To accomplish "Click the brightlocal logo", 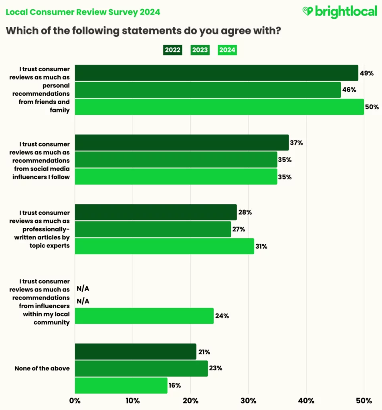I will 340,12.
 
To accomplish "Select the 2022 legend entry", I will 173,50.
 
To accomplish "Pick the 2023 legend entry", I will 200,50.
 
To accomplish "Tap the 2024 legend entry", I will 227,50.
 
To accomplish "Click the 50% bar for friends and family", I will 219,107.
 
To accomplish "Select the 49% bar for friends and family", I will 216,73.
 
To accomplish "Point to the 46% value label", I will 349,90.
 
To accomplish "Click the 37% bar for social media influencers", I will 182,143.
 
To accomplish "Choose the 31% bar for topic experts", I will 164,246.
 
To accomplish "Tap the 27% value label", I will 239,229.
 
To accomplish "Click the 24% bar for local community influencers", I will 144,316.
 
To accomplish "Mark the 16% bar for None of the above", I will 121,385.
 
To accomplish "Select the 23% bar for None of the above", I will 141,368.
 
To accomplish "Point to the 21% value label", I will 204,352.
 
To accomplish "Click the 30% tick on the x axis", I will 248,400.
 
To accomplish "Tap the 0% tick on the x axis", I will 75,400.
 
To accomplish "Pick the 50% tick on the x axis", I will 364,400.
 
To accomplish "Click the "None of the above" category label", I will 42,368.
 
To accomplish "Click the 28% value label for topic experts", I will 245,213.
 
